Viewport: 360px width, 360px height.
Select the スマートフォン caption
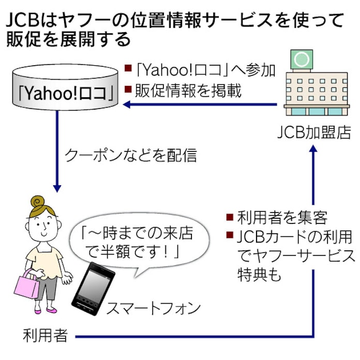point(153,309)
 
